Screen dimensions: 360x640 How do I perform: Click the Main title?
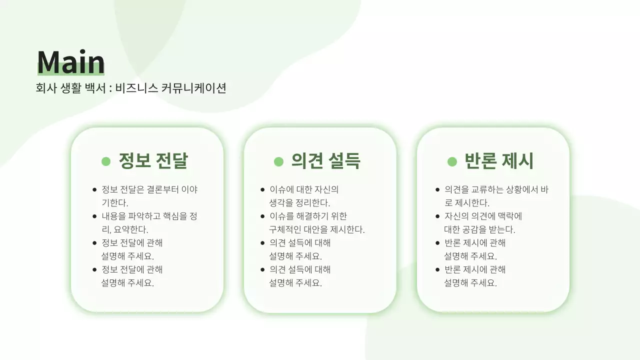point(70,62)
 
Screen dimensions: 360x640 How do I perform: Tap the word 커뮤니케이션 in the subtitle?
point(194,88)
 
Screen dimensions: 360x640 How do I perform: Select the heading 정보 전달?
point(153,161)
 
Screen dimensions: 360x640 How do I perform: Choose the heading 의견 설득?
point(325,161)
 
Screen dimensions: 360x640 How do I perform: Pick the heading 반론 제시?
point(498,161)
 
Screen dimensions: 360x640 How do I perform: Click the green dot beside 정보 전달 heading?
point(106,161)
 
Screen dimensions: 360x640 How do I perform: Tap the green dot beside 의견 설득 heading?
point(278,161)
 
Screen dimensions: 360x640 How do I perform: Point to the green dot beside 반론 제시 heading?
point(452,161)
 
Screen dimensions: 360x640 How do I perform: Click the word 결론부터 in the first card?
point(162,190)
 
